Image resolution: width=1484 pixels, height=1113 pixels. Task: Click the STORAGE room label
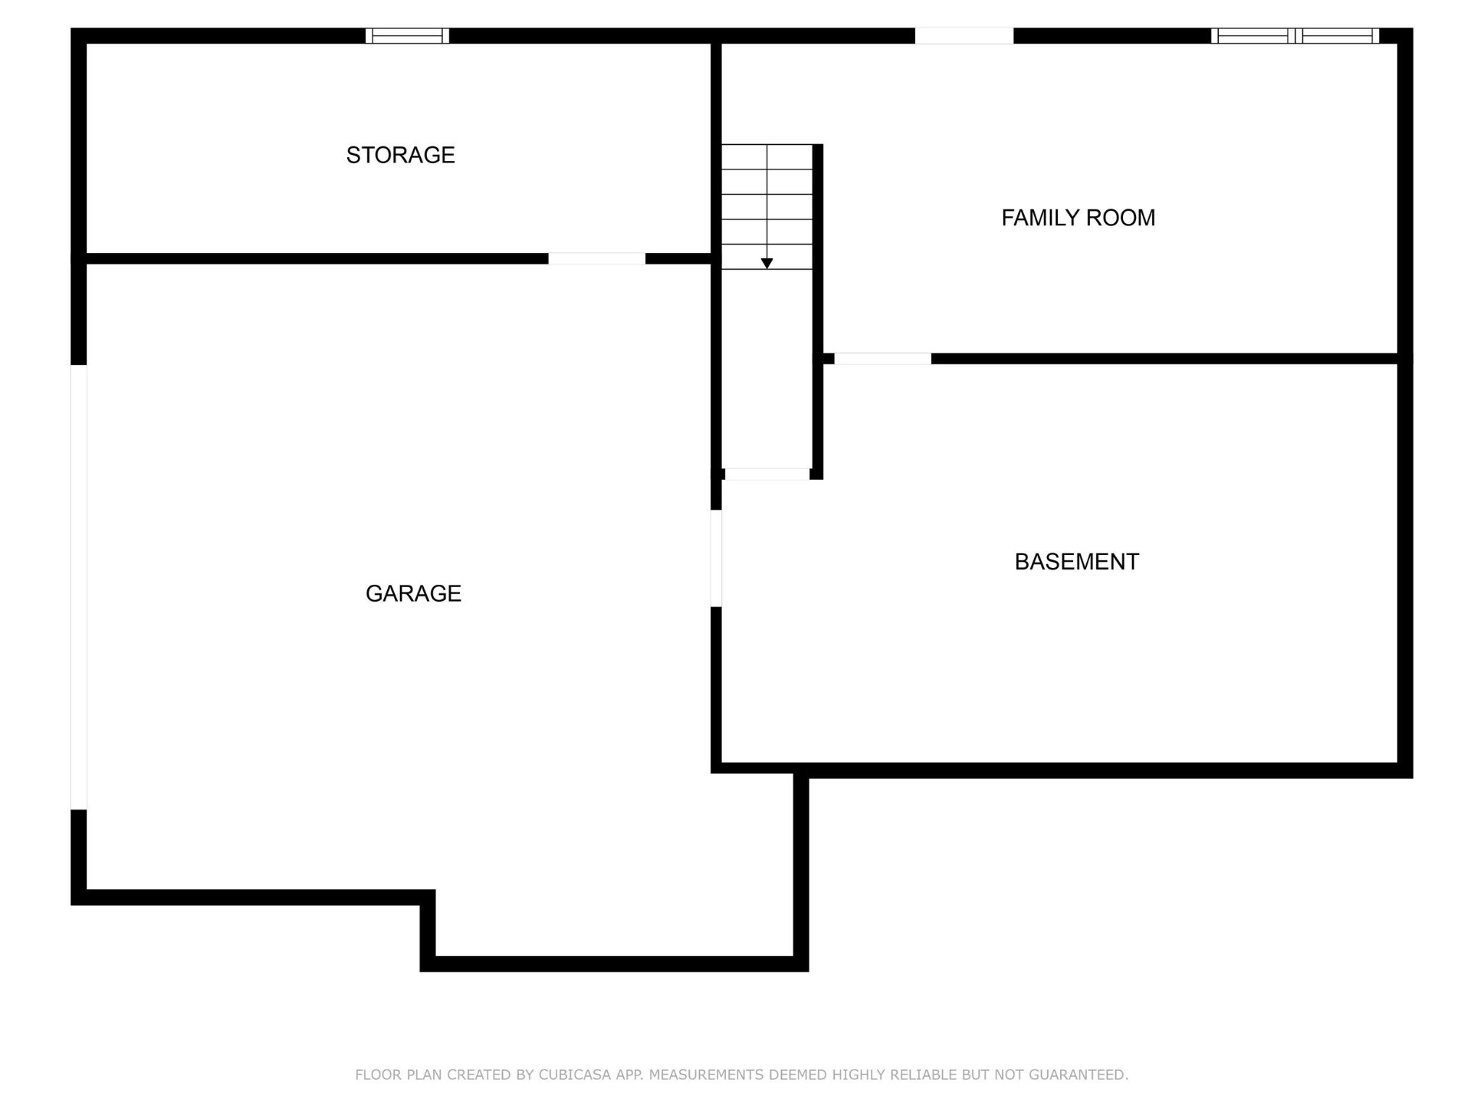tap(400, 155)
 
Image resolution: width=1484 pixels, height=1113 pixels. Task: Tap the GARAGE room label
tap(413, 593)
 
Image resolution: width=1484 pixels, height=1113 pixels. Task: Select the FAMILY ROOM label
tap(1078, 217)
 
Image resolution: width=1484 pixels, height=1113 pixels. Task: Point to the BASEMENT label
tap(1077, 562)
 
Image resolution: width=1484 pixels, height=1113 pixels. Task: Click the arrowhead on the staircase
tap(767, 264)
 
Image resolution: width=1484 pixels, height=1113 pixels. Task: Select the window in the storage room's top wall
tap(407, 36)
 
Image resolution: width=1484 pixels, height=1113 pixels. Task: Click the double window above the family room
tap(1295, 36)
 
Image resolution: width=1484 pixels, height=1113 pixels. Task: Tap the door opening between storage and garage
tap(596, 259)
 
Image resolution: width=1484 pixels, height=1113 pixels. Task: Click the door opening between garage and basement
tap(716, 559)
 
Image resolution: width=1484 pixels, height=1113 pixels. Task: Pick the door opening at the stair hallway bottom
tap(767, 474)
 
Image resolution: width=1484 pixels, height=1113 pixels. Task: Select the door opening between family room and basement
tap(883, 359)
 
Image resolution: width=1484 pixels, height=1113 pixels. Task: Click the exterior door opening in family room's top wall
tap(964, 36)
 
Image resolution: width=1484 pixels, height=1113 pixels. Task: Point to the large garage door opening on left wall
tap(79, 588)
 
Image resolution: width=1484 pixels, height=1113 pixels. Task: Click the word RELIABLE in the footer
tap(924, 1075)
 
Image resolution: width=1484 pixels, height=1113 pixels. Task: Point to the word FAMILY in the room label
tap(1043, 217)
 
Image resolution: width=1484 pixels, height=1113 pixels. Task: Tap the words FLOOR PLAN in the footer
tap(399, 1075)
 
